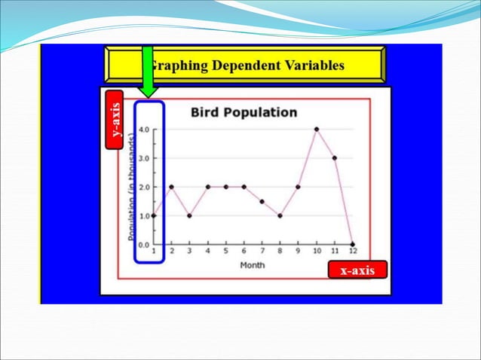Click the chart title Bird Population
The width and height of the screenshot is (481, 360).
click(244, 112)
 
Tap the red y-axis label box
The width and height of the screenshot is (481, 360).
click(115, 121)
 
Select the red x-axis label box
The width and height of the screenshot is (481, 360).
click(357, 270)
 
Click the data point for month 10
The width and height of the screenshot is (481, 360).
click(317, 129)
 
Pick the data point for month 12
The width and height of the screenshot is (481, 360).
click(353, 244)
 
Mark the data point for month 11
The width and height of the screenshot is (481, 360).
click(334, 158)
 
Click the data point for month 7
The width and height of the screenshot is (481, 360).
click(262, 201)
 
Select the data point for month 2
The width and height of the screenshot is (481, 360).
click(172, 187)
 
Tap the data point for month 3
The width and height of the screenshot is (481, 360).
click(189, 215)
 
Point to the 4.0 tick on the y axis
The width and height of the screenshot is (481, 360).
click(143, 129)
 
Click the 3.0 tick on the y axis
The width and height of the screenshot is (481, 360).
click(143, 158)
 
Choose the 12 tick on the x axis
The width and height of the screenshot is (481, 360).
click(352, 251)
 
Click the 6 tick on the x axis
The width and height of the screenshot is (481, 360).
click(244, 251)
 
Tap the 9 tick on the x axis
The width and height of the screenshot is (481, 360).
click(298, 251)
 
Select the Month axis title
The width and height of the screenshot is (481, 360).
click(252, 264)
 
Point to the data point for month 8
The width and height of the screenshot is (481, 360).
click(280, 215)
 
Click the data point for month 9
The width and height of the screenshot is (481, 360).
click(298, 187)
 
